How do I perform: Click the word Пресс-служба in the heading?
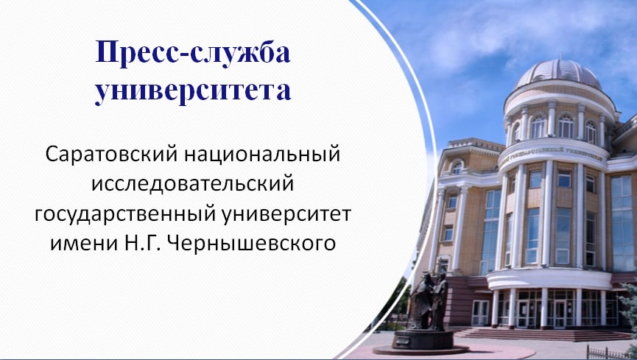click(x=193, y=52)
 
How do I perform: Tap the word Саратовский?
click(x=112, y=155)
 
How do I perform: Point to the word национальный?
click(x=262, y=155)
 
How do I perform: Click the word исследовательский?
click(x=192, y=183)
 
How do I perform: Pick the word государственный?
click(x=125, y=214)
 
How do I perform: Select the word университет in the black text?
click(x=286, y=214)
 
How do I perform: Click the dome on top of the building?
click(x=558, y=74)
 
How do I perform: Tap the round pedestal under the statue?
click(x=423, y=342)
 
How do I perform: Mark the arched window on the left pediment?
click(x=457, y=166)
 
